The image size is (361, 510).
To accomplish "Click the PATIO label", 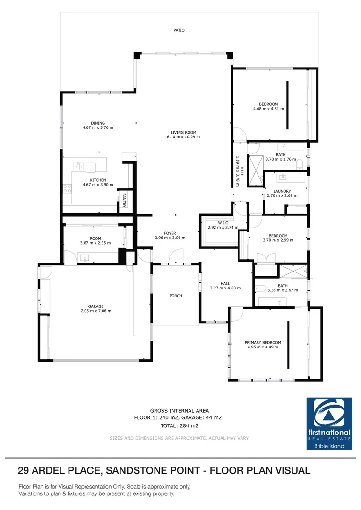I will click(x=178, y=30).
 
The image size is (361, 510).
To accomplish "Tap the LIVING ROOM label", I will click(x=183, y=133).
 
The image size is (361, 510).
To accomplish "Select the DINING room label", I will click(x=98, y=123).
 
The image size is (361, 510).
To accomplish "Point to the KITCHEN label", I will click(x=98, y=180).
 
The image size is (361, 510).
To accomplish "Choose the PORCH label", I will click(x=176, y=296).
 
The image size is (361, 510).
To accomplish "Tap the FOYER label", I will click(x=170, y=233).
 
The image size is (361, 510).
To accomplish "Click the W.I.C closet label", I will click(x=223, y=223).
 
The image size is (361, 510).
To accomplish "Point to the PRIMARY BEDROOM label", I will click(x=263, y=342).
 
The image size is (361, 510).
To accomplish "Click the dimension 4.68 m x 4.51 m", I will click(x=268, y=109).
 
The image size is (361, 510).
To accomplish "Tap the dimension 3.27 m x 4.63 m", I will click(x=225, y=288).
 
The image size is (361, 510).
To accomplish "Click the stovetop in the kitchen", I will click(x=67, y=188).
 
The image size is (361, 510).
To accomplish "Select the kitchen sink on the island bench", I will click(x=78, y=166).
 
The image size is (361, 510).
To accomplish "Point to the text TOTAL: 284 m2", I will click(x=179, y=425).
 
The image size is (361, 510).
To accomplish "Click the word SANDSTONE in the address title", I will click(x=136, y=470).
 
